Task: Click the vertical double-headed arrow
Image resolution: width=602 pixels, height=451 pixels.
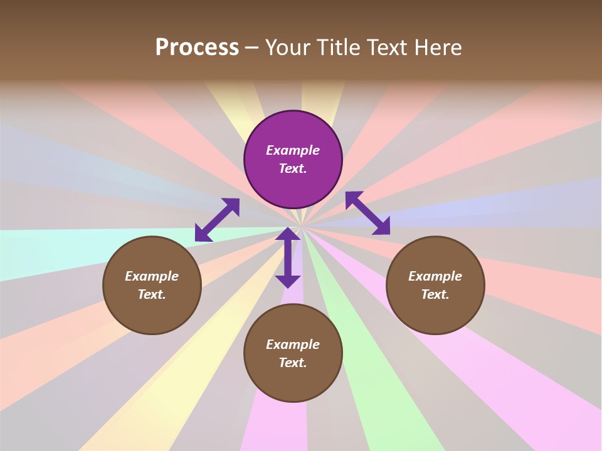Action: [288, 258]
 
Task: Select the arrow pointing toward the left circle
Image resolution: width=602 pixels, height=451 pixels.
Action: [217, 220]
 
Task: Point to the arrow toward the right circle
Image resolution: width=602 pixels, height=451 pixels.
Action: [367, 213]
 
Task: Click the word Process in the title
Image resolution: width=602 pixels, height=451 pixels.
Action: [197, 48]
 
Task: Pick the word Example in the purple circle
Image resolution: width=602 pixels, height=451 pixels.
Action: [293, 150]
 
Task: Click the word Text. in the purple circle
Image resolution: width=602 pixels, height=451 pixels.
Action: [293, 168]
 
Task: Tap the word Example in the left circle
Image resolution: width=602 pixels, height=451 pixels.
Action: [152, 276]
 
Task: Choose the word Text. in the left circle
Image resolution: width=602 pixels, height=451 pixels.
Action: [152, 294]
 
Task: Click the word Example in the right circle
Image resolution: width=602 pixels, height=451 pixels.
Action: [435, 276]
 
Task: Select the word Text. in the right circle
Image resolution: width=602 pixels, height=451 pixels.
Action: [435, 294]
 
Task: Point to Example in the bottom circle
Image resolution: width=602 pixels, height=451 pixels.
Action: [293, 345]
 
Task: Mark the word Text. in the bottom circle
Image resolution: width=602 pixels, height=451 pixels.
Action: [293, 363]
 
